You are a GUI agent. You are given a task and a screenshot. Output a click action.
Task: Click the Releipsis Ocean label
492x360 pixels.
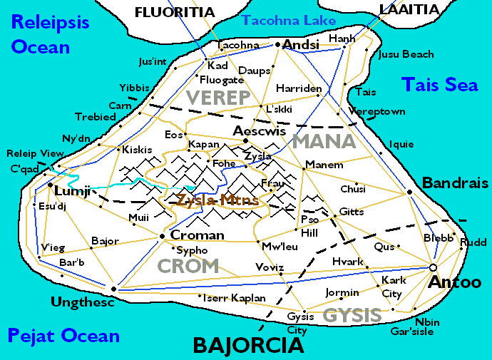pos(50,34)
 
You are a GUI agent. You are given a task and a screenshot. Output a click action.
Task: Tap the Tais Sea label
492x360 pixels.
pos(439,84)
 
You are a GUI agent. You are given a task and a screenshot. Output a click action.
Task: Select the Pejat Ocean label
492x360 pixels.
pos(63,335)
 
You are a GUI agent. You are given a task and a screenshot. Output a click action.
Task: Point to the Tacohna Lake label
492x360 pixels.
pos(289,21)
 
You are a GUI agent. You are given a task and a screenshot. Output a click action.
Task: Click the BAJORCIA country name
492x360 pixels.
pos(249,346)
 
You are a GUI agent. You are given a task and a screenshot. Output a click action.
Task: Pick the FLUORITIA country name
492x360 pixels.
pos(175,11)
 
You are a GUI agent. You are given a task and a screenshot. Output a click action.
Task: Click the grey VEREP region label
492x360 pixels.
pos(218,97)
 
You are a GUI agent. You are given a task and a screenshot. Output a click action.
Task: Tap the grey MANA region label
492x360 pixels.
pos(324,140)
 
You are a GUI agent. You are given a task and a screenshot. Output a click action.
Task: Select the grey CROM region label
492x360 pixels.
pos(188,266)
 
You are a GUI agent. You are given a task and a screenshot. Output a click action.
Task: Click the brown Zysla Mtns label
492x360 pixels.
pos(217,200)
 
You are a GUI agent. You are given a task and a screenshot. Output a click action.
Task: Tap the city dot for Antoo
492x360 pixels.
pos(432,267)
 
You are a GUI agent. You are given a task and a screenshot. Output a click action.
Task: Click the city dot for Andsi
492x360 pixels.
pos(278,45)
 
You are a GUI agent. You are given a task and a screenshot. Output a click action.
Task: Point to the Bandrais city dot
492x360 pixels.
pos(409,192)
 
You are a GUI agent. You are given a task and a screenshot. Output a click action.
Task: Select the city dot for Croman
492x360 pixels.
pos(163,235)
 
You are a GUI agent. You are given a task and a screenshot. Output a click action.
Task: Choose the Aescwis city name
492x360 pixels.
pos(260,130)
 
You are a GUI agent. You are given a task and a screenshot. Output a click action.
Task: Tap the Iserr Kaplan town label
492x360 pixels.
pos(235,297)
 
